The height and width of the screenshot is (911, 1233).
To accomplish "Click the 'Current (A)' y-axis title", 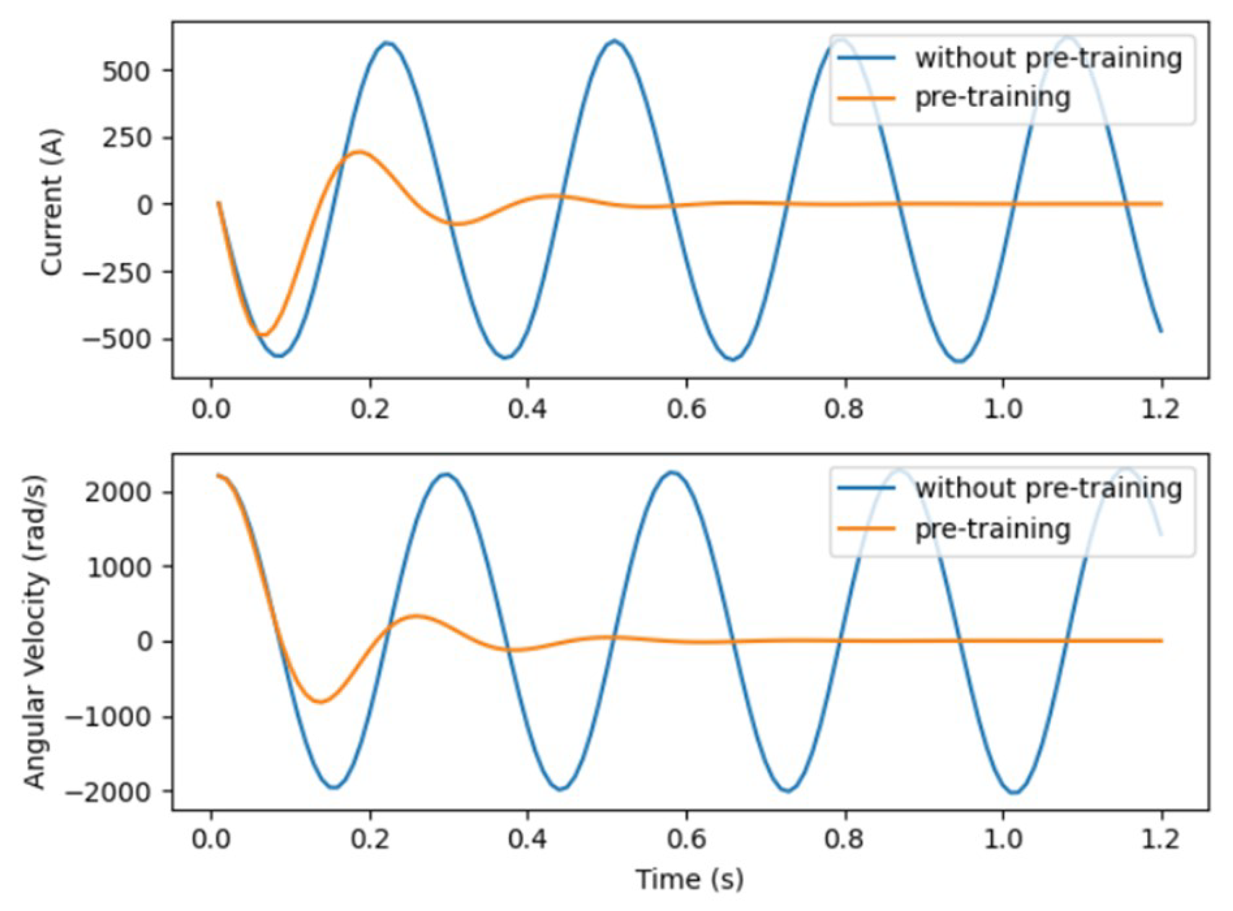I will click(52, 202).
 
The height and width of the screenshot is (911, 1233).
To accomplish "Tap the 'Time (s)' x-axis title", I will click(689, 879).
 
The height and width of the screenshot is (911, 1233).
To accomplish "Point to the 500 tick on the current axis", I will click(126, 72).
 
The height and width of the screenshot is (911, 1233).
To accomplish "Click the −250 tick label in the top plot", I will click(117, 272).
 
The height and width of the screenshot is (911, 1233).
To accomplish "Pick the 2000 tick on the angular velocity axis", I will click(117, 492).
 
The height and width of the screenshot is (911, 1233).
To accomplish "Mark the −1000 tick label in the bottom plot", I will click(109, 717).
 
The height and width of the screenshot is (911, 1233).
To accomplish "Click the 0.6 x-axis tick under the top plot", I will click(686, 409).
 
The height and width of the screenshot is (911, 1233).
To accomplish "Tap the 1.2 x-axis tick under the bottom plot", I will click(1160, 839).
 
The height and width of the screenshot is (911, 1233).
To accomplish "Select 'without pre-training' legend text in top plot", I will click(1048, 58).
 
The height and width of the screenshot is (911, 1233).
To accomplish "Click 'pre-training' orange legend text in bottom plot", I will click(992, 529).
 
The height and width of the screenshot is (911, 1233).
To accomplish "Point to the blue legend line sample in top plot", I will click(866, 58).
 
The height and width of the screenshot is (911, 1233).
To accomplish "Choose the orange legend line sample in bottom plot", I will click(866, 528).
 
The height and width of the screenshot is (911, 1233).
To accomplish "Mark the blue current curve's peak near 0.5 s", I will click(614, 41).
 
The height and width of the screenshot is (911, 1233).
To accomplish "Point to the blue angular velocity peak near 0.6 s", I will click(673, 473).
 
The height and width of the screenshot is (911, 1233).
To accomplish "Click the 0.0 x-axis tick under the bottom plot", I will click(211, 839).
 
